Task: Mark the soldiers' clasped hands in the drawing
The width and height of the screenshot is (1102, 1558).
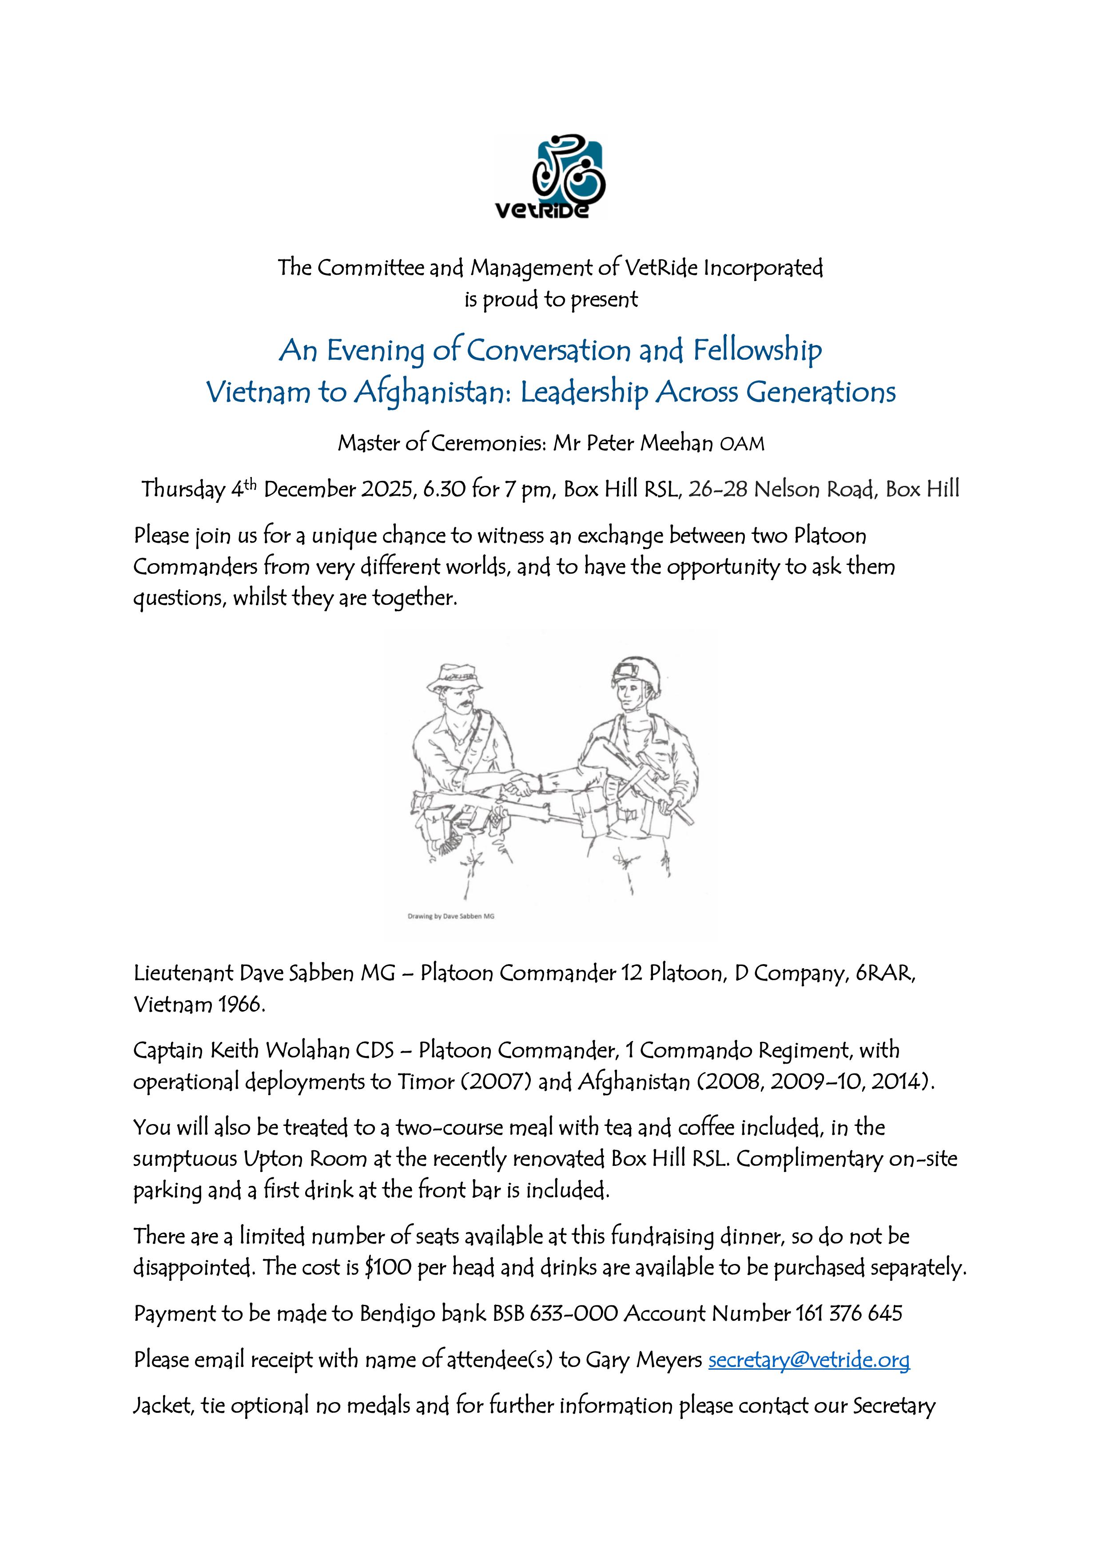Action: pos(519,787)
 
